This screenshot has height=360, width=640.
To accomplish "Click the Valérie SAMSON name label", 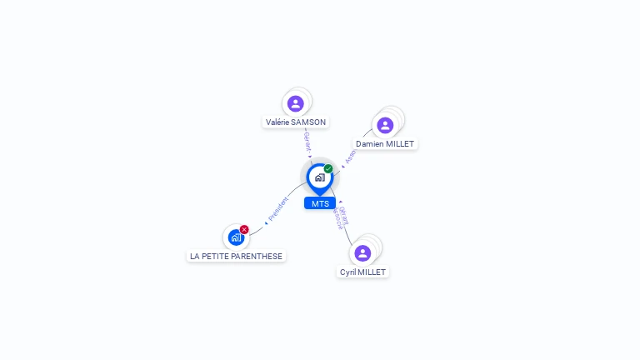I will tap(296, 122).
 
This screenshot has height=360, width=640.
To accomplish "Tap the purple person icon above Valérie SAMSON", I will tap(295, 103).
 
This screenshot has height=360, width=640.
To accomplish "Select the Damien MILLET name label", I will tap(385, 143).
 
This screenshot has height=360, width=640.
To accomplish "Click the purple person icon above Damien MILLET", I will tap(385, 125).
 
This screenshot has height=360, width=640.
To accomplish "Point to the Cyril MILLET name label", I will tap(363, 272).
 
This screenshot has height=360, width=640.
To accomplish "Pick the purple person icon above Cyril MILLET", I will tap(362, 253).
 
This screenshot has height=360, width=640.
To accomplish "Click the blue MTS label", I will tap(320, 203).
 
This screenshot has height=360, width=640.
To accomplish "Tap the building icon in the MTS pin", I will tap(319, 177).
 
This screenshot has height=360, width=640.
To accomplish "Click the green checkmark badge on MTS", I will tap(328, 169).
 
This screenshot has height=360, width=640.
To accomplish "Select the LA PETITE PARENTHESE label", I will tap(236, 256).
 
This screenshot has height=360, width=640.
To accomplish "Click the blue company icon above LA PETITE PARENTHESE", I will tap(236, 237).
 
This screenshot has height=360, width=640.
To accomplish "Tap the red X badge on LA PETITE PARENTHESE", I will tap(244, 229).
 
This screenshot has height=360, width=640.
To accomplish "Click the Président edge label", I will tap(277, 209).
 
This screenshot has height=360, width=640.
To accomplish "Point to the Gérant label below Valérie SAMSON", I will tap(307, 142).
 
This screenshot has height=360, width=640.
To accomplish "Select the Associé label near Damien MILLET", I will tap(351, 157).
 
